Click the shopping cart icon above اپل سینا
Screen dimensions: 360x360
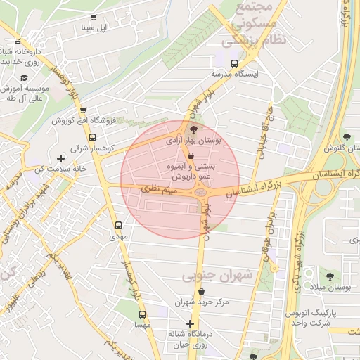tap(94, 18)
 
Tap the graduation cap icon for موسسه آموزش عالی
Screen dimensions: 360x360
tap(24, 78)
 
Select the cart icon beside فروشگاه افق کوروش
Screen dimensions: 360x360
tap(83, 110)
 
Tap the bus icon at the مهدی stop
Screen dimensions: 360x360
tap(118, 226)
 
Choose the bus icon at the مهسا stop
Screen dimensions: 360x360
tap(143, 315)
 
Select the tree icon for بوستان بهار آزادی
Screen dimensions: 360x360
tap(194, 129)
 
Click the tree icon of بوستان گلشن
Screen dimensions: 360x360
tap(346, 137)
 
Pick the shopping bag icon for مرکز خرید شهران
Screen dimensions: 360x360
tap(202, 291)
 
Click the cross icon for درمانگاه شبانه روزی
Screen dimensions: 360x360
tap(190, 323)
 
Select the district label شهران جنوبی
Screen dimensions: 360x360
tap(217, 276)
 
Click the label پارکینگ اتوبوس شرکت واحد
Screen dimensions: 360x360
tap(309, 317)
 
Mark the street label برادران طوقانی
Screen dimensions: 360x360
tap(267, 239)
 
